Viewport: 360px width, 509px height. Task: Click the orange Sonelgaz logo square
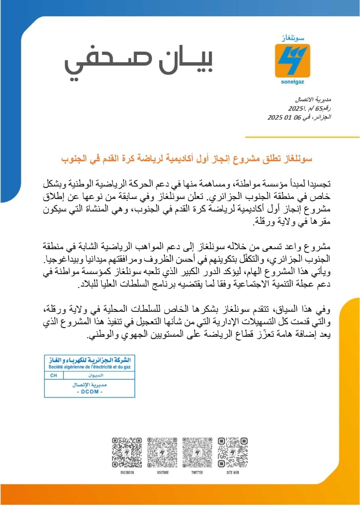click(x=292, y=61)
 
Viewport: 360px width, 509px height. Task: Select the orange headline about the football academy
click(x=187, y=159)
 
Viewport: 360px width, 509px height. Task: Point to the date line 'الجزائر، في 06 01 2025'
click(x=299, y=117)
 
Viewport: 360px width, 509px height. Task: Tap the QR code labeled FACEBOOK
click(x=127, y=452)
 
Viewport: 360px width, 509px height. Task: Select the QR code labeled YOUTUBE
click(x=162, y=452)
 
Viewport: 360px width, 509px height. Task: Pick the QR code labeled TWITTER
click(x=197, y=452)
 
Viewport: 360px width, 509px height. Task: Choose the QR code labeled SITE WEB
click(x=233, y=452)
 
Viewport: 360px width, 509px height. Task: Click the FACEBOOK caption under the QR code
click(x=127, y=472)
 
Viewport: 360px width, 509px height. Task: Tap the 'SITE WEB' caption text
click(x=233, y=472)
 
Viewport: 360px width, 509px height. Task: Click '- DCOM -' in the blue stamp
click(x=90, y=392)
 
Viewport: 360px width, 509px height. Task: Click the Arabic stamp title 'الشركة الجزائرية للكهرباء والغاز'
click(x=90, y=360)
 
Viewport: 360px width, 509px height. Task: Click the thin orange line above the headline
click(x=302, y=137)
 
